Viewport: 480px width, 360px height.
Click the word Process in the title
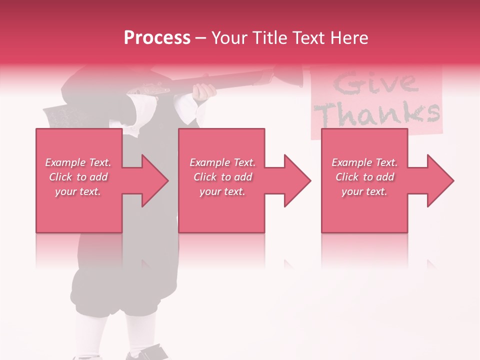point(157,37)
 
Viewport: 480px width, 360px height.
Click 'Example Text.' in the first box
point(78,162)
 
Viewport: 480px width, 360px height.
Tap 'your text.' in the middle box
point(222,191)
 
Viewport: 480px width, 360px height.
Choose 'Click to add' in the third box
point(364,177)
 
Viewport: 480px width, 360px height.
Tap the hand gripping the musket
point(205,91)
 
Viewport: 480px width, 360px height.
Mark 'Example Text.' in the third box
point(364,162)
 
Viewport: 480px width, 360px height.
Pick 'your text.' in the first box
point(78,191)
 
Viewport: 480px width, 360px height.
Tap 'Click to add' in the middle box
point(222,177)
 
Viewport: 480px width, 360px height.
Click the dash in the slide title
point(200,38)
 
